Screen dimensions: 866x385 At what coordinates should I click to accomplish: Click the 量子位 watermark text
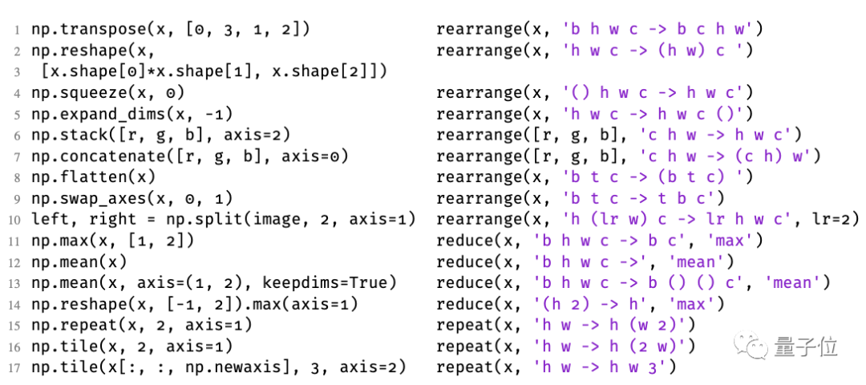tap(806, 346)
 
